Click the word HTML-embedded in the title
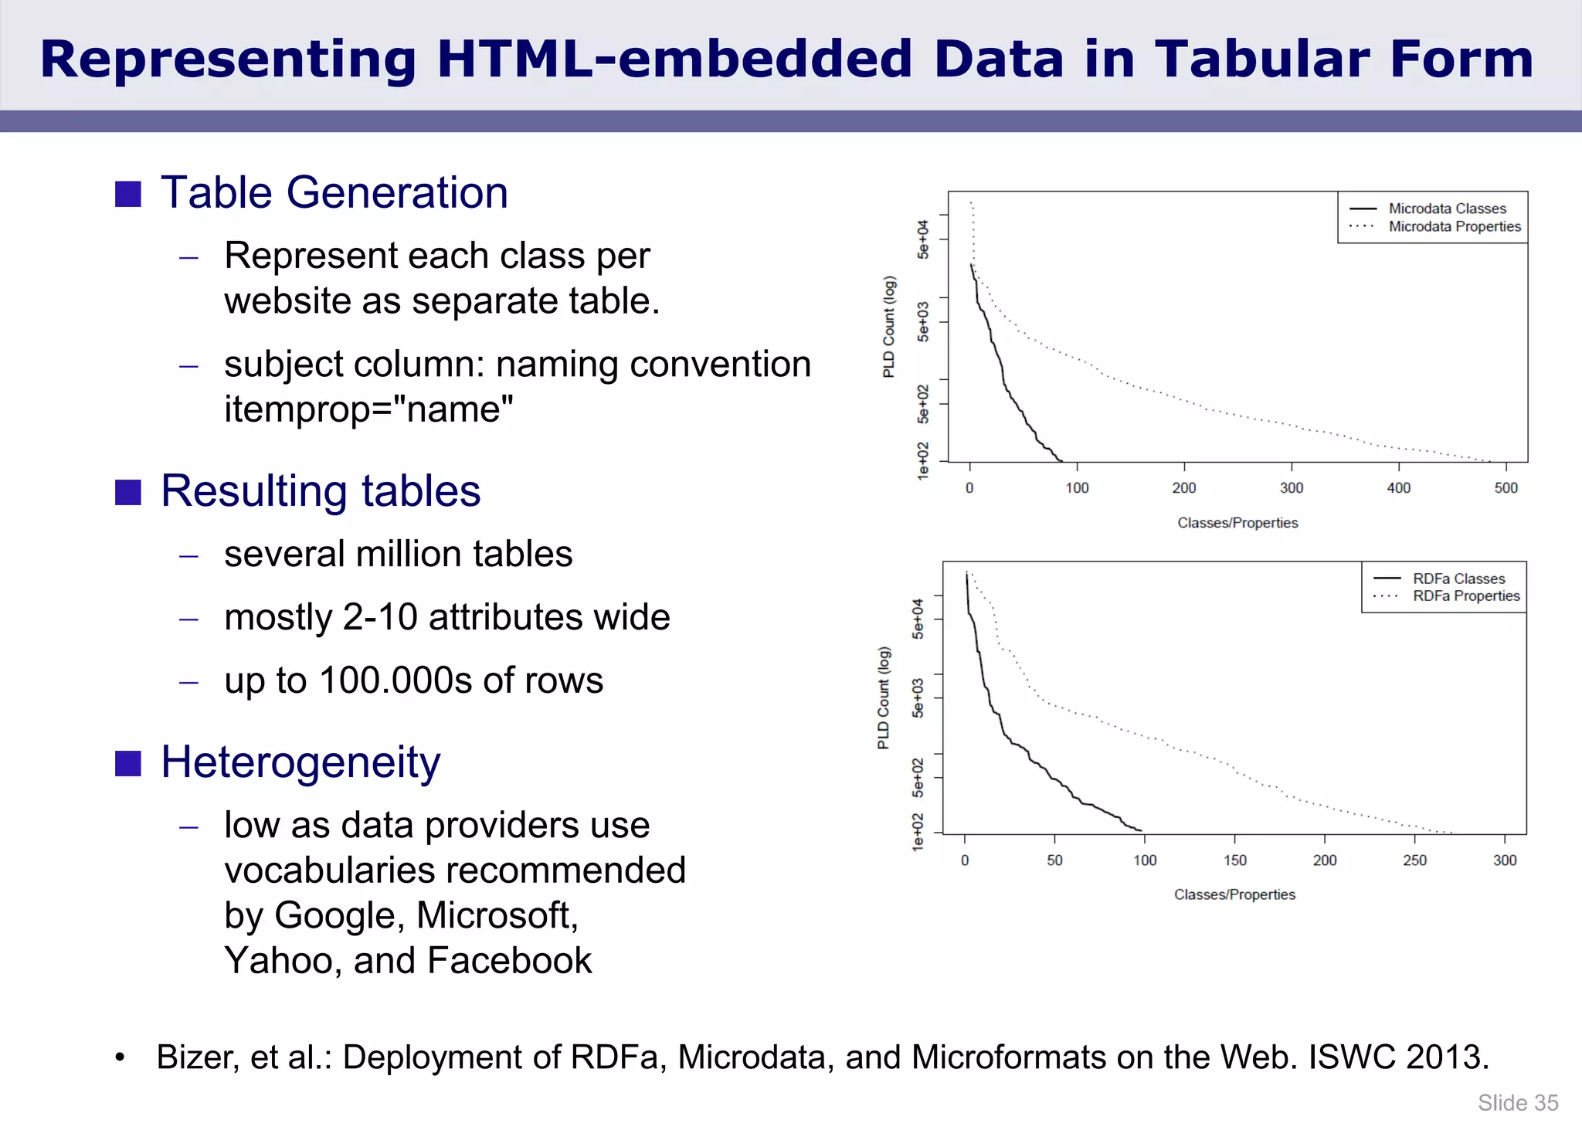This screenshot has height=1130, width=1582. [x=674, y=59]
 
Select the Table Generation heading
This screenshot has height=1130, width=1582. [x=334, y=192]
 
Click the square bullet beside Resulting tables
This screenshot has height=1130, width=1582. [x=128, y=492]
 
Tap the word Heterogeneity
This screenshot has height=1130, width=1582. [x=300, y=762]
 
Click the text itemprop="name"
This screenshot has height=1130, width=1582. [x=368, y=409]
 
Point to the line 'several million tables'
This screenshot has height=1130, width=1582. [x=398, y=555]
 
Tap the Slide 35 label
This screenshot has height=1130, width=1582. [x=1517, y=1103]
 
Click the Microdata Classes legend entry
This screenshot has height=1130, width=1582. [x=1447, y=209]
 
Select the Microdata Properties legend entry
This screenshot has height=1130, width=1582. [x=1454, y=226]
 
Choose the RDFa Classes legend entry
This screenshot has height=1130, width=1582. [x=1458, y=579]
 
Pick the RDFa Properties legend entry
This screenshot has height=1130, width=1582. [x=1465, y=596]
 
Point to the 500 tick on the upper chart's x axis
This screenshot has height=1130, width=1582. [x=1506, y=488]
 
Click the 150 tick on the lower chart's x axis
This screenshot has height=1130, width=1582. [x=1234, y=860]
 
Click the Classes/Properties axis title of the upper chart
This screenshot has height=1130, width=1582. [x=1237, y=523]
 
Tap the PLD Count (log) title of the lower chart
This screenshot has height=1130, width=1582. [x=884, y=697]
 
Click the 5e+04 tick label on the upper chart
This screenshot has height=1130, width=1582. [x=923, y=239]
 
